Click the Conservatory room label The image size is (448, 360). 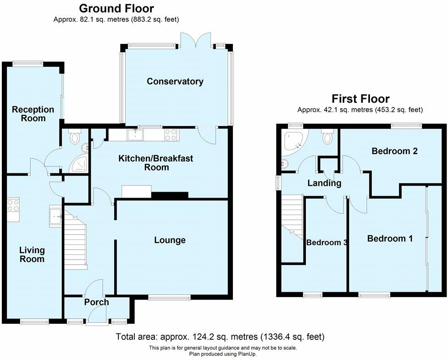click(175, 82)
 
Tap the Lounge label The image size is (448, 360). click(170, 240)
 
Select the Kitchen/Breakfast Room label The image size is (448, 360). click(156, 162)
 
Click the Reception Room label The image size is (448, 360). click(33, 114)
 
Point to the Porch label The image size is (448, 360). click(96, 302)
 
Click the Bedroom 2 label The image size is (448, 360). click(394, 151)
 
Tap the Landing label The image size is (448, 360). click(324, 183)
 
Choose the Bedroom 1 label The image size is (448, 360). click(390, 238)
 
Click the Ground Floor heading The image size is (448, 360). click(116, 8)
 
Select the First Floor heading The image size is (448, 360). click(360, 99)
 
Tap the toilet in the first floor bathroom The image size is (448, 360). click(327, 137)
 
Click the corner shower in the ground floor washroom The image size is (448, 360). click(79, 164)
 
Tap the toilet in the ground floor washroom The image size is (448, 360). click(75, 136)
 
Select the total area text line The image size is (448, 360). click(220, 337)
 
